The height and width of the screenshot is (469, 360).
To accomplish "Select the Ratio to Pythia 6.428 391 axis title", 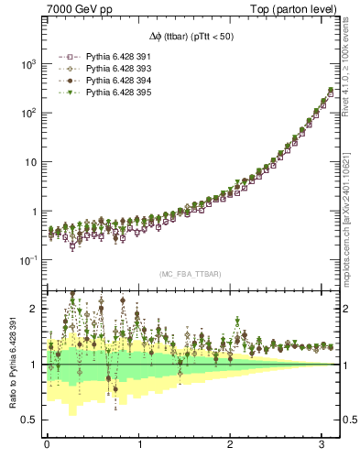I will pyautogui.click(x=12, y=366).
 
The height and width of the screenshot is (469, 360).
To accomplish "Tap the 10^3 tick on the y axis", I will pyautogui.click(x=27, y=64).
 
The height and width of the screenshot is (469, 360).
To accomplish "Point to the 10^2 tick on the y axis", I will pyautogui.click(x=27, y=113).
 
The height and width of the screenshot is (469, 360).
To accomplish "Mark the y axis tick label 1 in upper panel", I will pyautogui.click(x=34, y=211).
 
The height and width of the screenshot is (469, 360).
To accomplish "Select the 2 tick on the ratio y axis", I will pyautogui.click(x=34, y=309).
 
